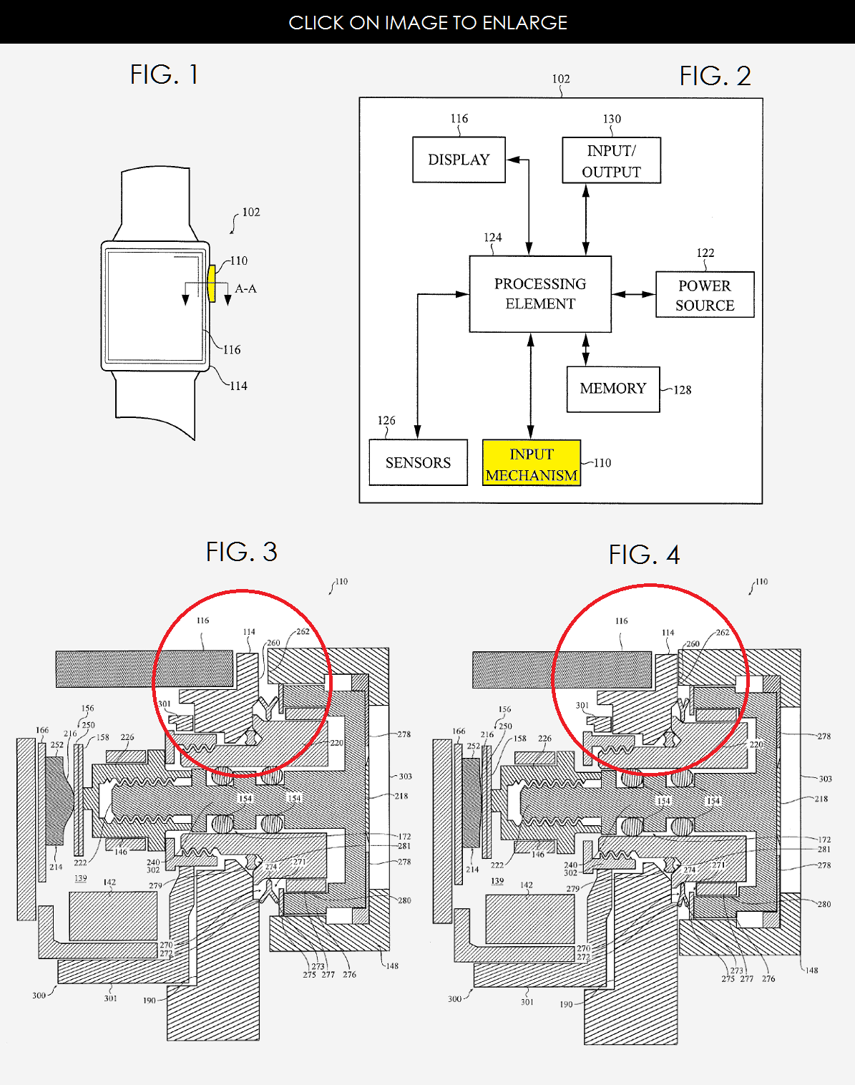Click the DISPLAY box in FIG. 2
click(x=459, y=160)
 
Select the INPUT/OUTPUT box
click(x=611, y=161)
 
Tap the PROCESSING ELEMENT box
click(x=540, y=294)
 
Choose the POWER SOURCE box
click(x=705, y=295)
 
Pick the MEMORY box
click(x=613, y=389)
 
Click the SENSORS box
click(x=418, y=463)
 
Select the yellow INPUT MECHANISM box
click(x=532, y=464)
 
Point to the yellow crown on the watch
click(x=211, y=283)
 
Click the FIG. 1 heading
click(x=164, y=74)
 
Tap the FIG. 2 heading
click(x=715, y=76)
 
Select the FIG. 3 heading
click(x=241, y=552)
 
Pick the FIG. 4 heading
click(x=644, y=555)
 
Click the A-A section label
click(x=245, y=288)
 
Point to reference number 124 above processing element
click(x=492, y=237)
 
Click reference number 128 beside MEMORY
click(x=683, y=390)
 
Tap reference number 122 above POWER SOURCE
click(x=705, y=253)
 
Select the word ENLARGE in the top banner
click(x=524, y=23)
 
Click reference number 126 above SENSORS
click(x=386, y=420)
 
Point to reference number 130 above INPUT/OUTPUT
click(x=612, y=119)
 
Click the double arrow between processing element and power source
click(x=634, y=294)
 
